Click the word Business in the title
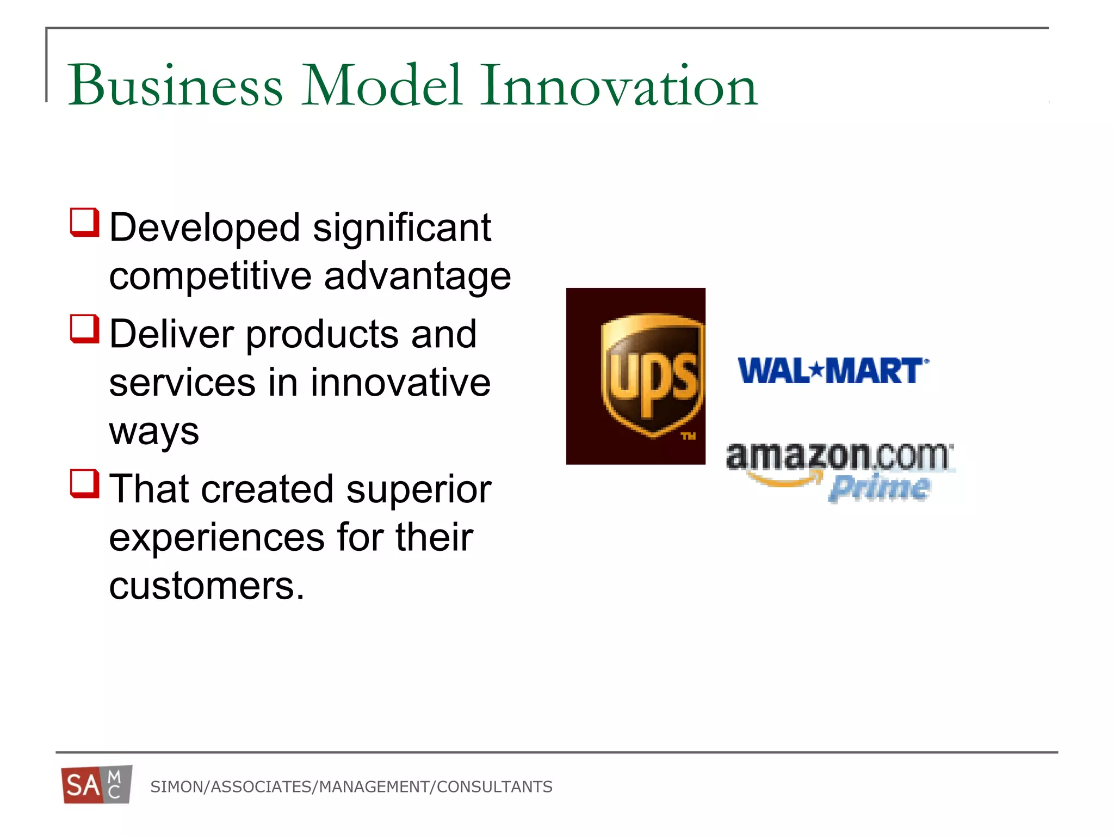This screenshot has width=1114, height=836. (x=175, y=85)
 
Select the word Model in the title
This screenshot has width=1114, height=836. (x=381, y=85)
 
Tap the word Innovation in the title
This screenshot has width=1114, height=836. (x=618, y=85)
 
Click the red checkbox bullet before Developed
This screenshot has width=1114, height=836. (x=85, y=223)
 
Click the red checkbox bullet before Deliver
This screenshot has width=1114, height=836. (x=85, y=329)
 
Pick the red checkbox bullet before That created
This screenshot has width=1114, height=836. (x=85, y=484)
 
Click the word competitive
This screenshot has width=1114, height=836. (x=210, y=276)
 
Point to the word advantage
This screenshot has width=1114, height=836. (x=417, y=276)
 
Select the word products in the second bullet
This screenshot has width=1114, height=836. (x=323, y=334)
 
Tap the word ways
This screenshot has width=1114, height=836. (x=154, y=432)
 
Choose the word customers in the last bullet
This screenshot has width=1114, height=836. (x=207, y=586)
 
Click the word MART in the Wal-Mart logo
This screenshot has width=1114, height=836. (x=874, y=371)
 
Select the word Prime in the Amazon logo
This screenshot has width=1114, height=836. (x=879, y=487)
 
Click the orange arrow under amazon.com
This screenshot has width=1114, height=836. (x=784, y=480)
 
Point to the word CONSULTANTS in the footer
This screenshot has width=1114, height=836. (x=494, y=787)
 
